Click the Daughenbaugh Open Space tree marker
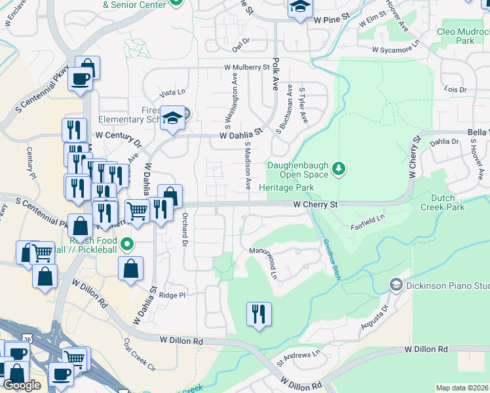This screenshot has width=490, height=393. [339, 169]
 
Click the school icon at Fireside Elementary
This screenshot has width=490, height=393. [173, 118]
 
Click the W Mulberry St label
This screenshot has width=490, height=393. [247, 67]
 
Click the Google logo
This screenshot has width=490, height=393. [22, 385]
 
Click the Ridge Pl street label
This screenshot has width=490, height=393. [174, 295]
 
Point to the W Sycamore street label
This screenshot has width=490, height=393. [394, 49]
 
